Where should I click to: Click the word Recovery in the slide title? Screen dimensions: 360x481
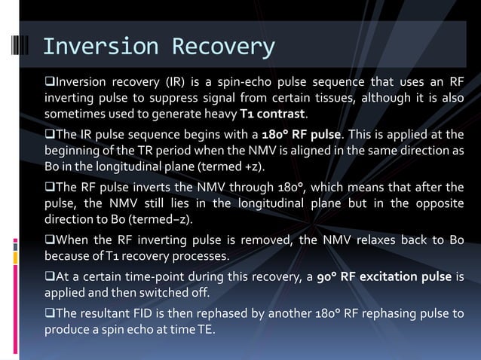pyautogui.click(x=223, y=47)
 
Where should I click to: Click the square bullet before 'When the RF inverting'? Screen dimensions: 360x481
pyautogui.click(x=51, y=240)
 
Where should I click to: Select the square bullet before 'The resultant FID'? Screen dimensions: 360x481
pyautogui.click(x=51, y=313)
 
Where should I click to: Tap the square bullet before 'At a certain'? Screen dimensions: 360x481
pyautogui.click(x=51, y=276)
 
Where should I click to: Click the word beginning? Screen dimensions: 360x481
pyautogui.click(x=74, y=151)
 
